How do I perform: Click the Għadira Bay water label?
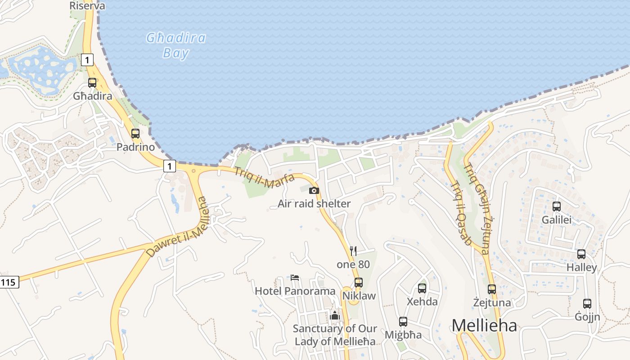click(176, 45)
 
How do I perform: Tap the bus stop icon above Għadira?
click(92, 83)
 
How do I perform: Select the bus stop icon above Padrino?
click(135, 134)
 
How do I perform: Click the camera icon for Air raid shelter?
click(314, 191)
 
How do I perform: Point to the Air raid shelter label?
click(314, 204)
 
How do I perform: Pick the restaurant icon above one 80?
click(353, 251)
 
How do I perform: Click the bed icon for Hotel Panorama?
click(295, 277)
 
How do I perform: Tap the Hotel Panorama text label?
click(295, 291)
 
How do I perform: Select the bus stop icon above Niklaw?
click(359, 283)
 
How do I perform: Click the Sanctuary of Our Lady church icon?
click(334, 315)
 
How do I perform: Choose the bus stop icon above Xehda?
click(422, 288)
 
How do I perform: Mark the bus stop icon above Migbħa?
click(403, 322)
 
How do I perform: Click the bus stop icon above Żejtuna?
click(492, 289)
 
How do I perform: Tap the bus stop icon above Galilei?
click(557, 207)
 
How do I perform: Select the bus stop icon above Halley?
click(581, 254)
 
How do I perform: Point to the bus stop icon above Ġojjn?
click(587, 304)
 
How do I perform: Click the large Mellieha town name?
click(484, 325)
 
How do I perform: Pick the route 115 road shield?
click(9, 283)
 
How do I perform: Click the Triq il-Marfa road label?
click(264, 178)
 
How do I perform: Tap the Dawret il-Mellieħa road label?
click(179, 229)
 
